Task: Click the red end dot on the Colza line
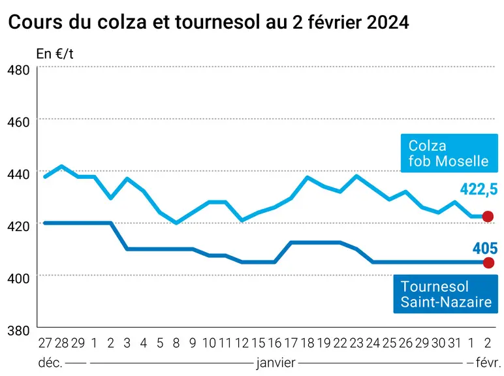coord(488,217)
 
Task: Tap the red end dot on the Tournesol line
coord(488,263)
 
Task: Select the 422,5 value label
coord(479,189)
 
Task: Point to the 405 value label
coord(485,249)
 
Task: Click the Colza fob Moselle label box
coord(449,153)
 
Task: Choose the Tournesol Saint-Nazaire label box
coord(445,294)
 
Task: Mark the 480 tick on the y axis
coord(18,70)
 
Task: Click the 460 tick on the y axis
coord(18,122)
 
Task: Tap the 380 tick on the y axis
coord(18,330)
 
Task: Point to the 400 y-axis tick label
coord(18,278)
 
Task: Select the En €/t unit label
coord(55,54)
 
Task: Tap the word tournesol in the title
coord(217,22)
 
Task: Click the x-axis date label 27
coord(45,343)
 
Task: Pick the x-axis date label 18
coord(307,343)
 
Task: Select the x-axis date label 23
coord(357,343)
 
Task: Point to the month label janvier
coord(276,363)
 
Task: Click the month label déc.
coord(50,363)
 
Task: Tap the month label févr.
coord(488,363)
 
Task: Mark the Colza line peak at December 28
coord(61,166)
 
